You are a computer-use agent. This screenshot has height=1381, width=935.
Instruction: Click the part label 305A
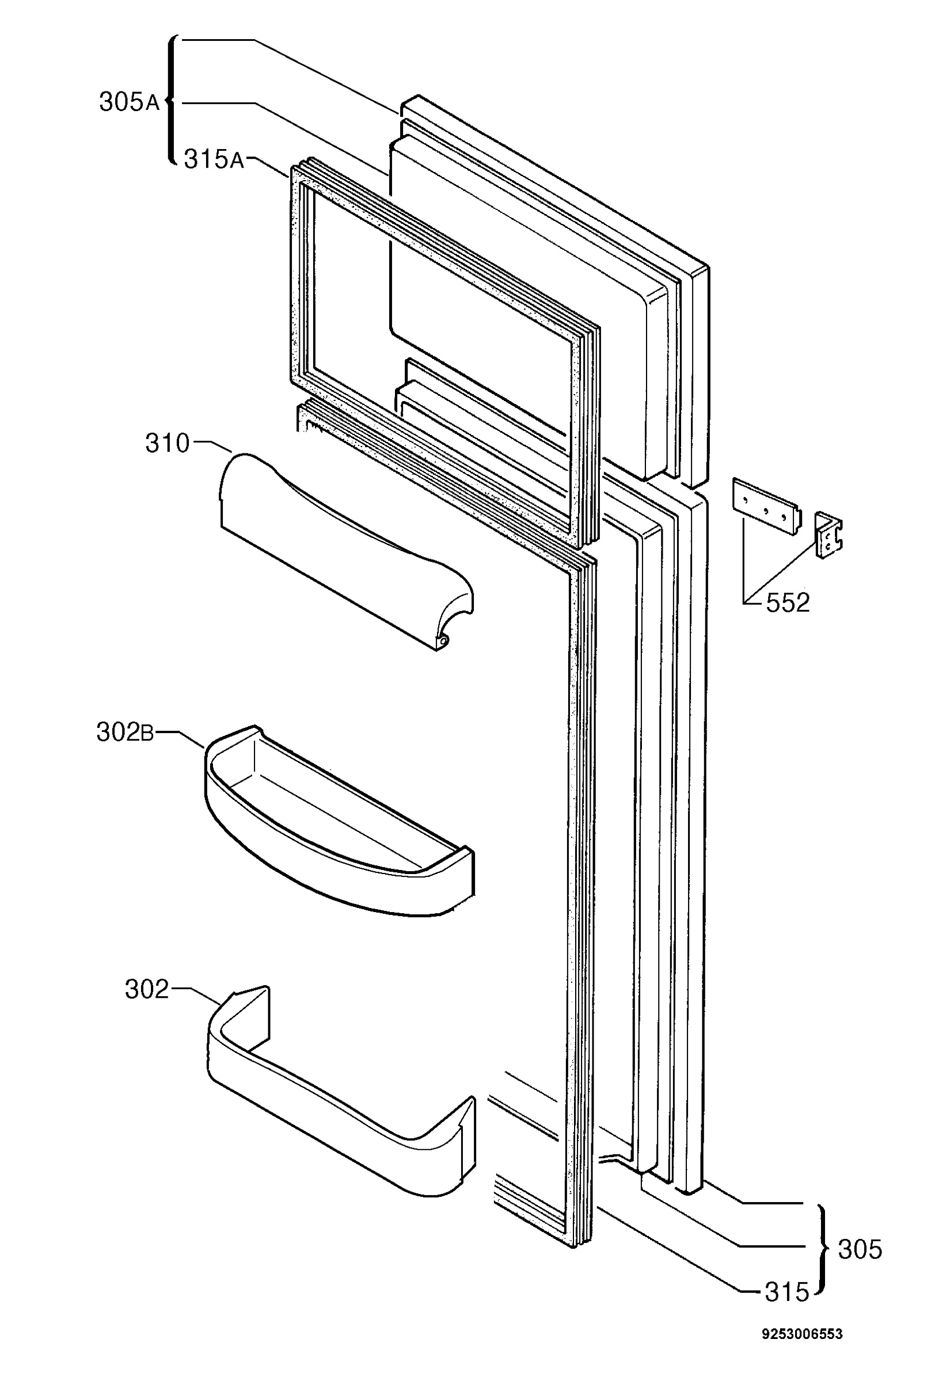click(129, 102)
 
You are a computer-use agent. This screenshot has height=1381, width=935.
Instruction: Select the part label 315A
click(214, 159)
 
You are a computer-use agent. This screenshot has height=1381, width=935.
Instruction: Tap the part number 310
click(168, 444)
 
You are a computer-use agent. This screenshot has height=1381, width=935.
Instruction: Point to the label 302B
click(125, 733)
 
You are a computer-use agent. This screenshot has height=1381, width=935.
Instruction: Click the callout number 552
click(788, 602)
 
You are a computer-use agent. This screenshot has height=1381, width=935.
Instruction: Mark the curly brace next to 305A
click(171, 101)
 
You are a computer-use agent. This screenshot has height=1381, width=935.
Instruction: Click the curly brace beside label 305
click(822, 1249)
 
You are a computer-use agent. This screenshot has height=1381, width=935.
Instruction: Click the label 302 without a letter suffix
click(147, 989)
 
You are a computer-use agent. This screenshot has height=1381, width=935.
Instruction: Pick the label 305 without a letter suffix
click(860, 1249)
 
